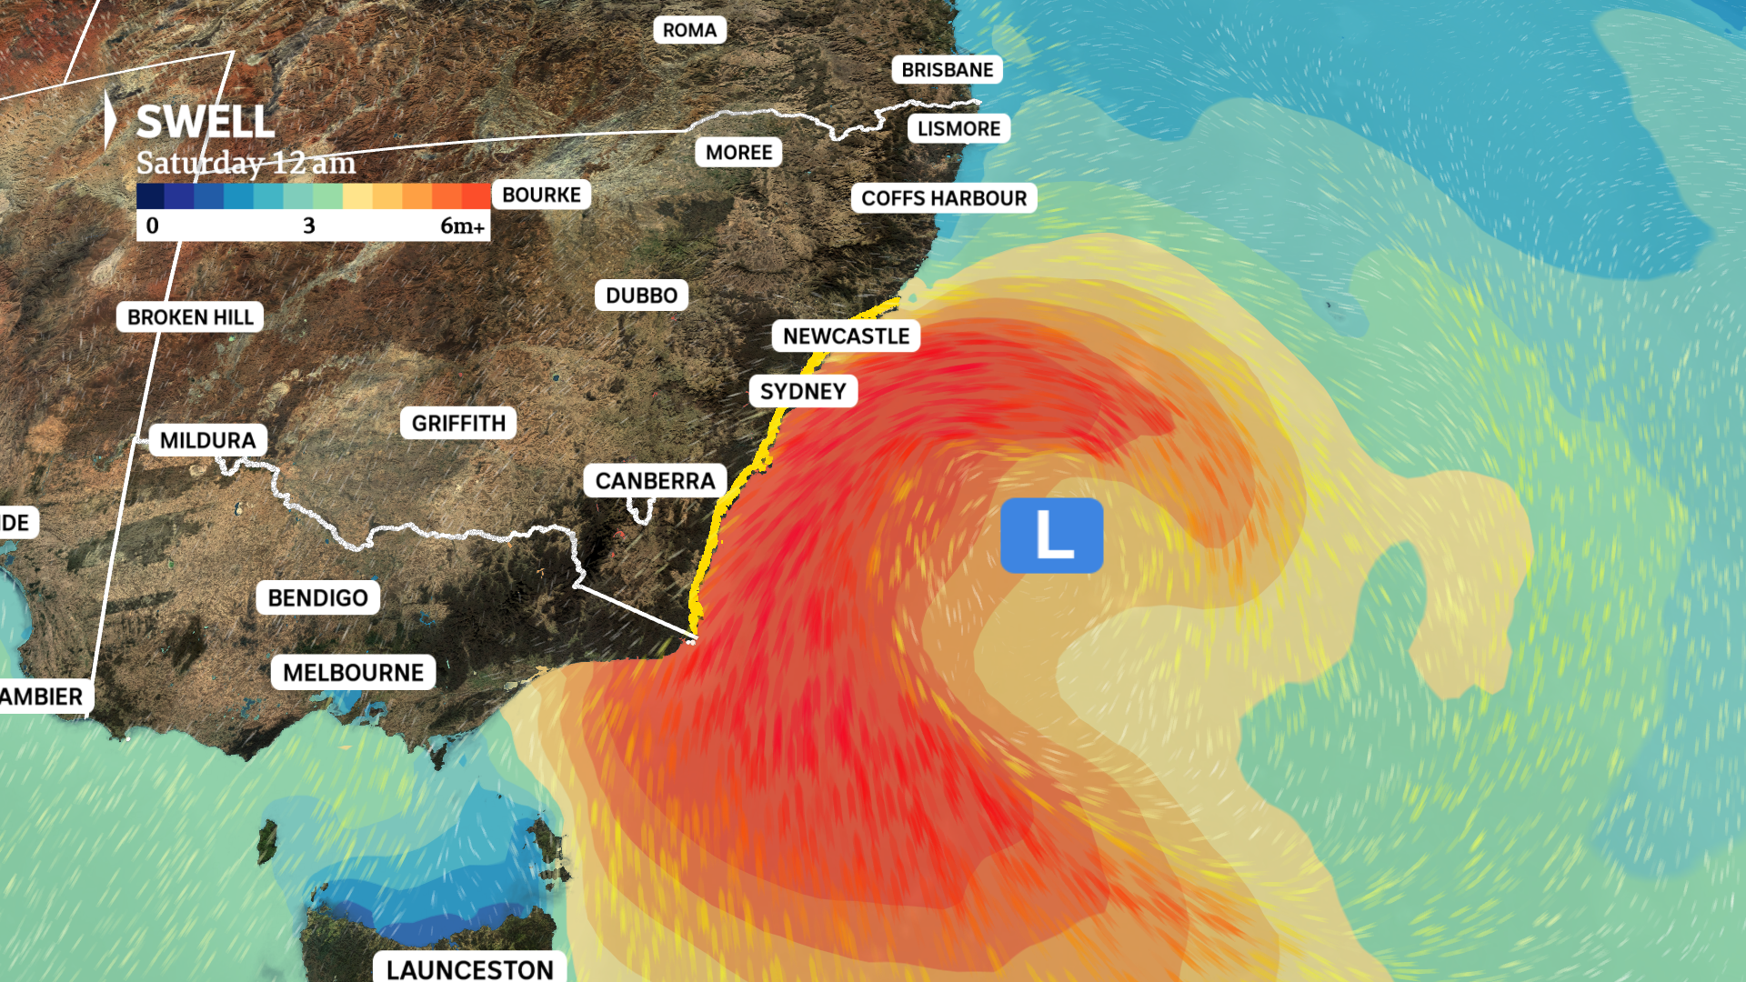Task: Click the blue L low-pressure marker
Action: pos(1051,536)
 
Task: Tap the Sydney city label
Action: pos(803,391)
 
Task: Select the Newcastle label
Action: pos(846,336)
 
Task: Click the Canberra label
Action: pos(655,480)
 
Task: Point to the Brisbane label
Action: pos(947,70)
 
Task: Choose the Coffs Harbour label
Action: pos(944,198)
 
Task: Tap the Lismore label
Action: pos(958,129)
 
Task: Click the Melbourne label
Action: pos(353,672)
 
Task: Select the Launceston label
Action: pos(469,968)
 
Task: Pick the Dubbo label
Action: pos(641,296)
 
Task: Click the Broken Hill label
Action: pos(190,317)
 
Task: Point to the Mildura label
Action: pos(207,440)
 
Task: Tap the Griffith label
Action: pos(458,423)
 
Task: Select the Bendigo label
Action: pos(317,597)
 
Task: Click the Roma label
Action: pos(689,30)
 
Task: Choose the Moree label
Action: pos(738,152)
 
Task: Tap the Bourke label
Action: pos(541,195)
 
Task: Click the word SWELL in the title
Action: pos(206,122)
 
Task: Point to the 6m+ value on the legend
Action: pos(462,225)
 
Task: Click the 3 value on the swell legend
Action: pos(309,225)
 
